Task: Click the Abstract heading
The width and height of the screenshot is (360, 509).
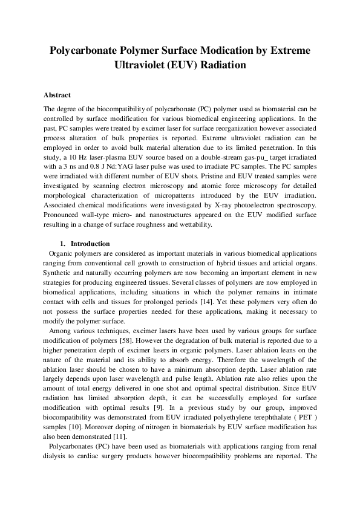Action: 57,96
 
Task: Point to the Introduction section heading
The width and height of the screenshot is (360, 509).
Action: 91,244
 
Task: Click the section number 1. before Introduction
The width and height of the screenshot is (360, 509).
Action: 65,244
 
